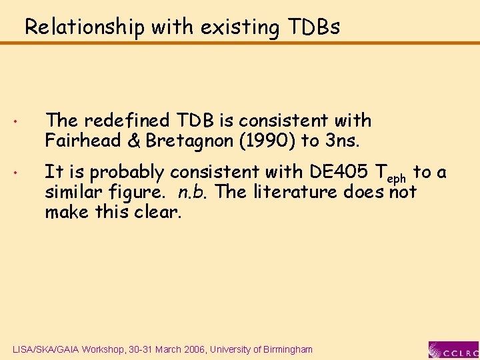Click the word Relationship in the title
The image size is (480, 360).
tap(85, 27)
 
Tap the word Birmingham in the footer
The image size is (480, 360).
tap(285, 349)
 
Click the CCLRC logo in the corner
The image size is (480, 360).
tap(453, 349)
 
